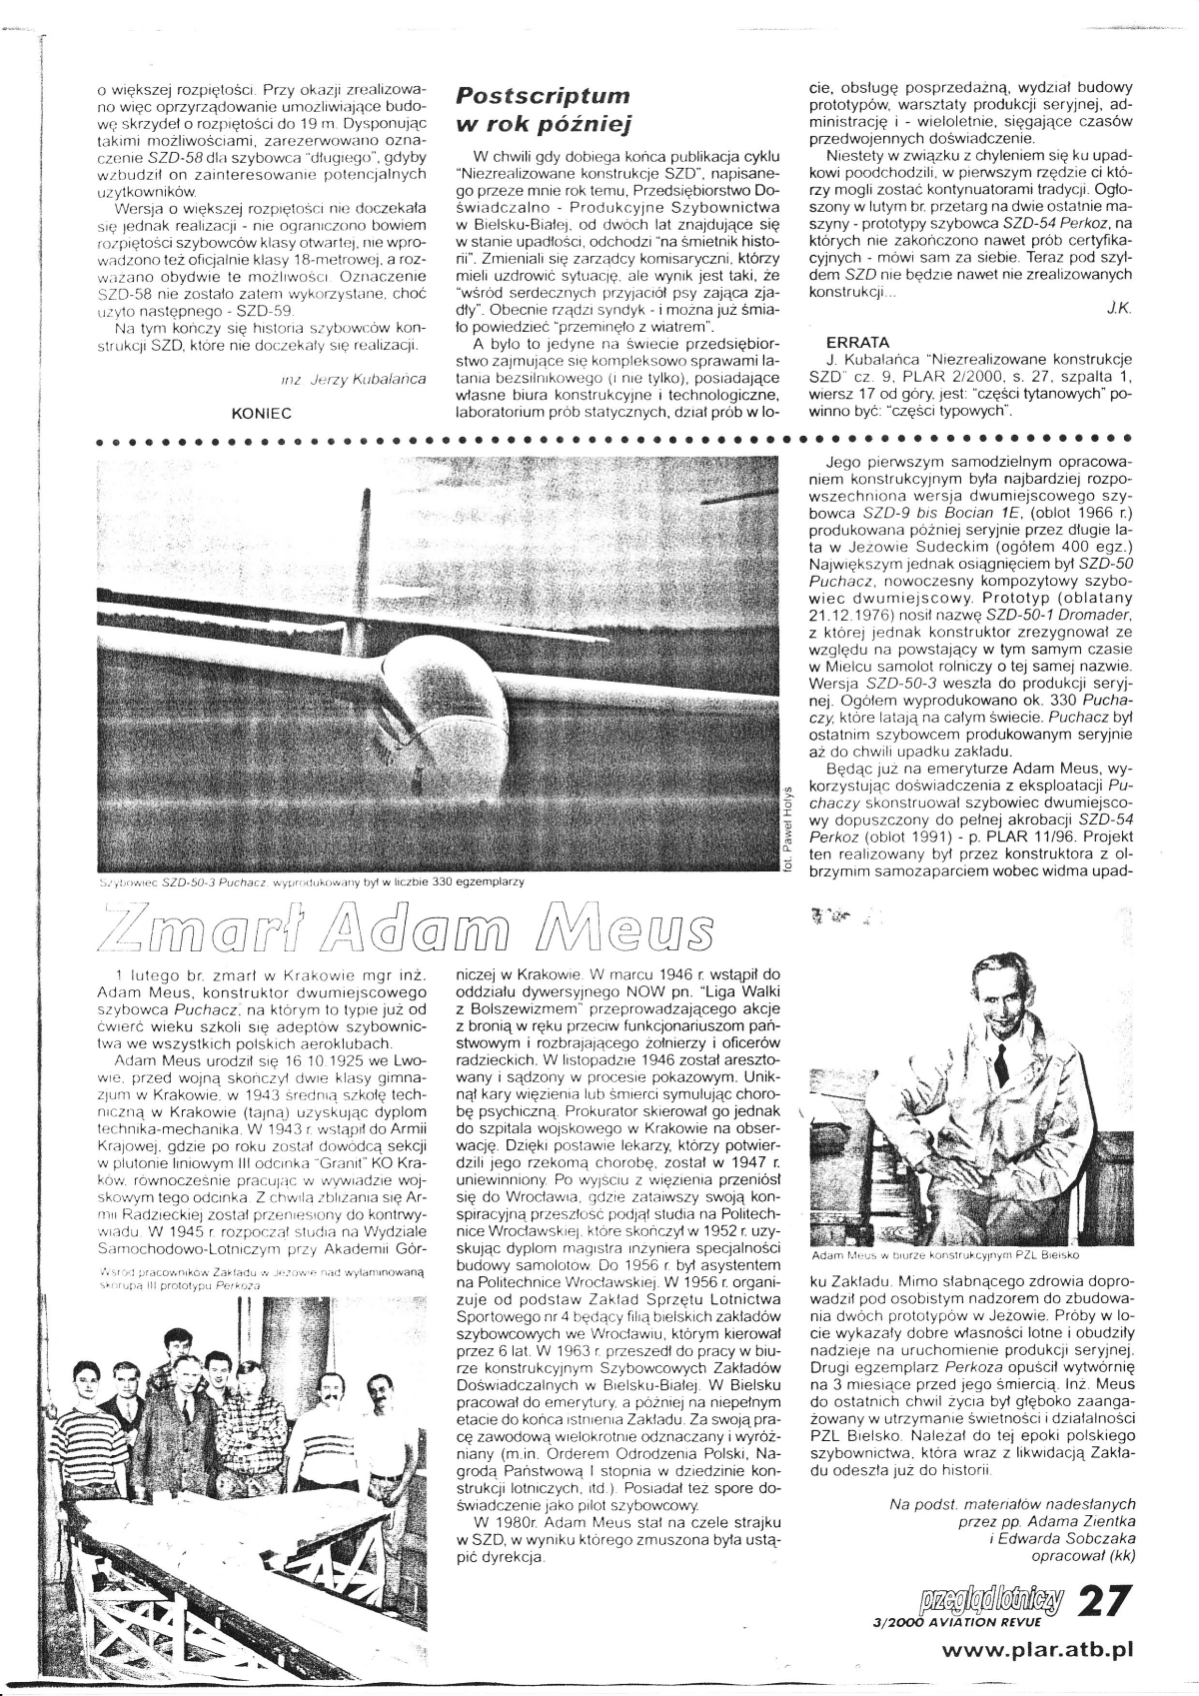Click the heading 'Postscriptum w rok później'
pos(543,110)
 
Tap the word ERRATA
pos(844,342)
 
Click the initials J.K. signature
pos(1119,311)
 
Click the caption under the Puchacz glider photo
pos(310,882)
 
